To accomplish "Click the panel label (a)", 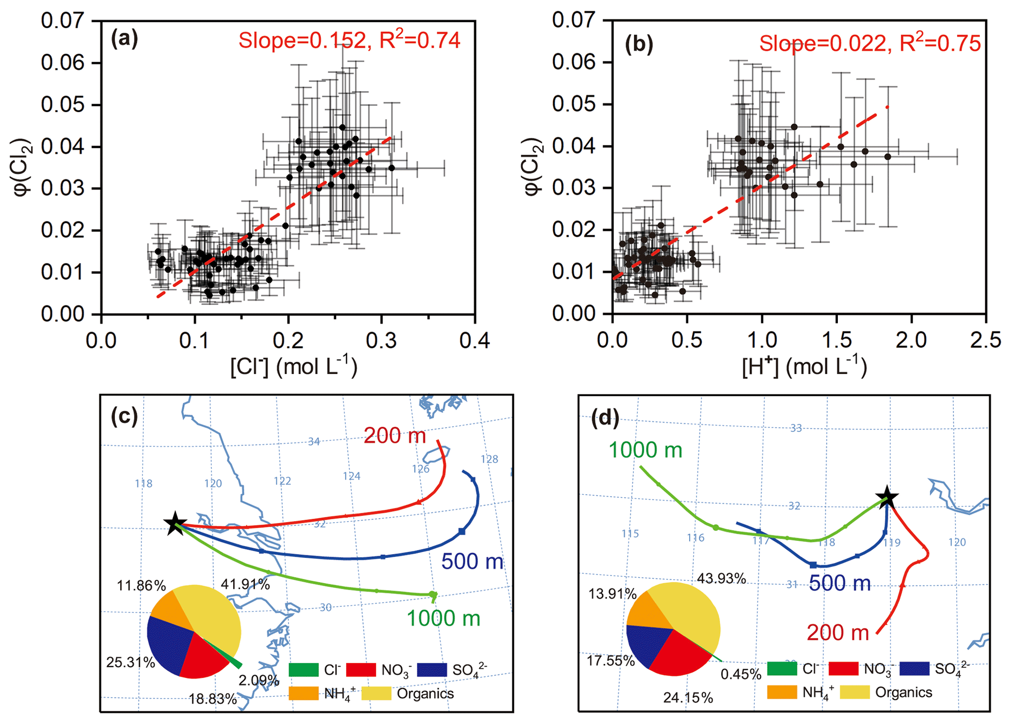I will click(125, 39).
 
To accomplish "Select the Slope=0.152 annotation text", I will click(302, 41).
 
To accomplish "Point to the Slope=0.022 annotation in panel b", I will click(822, 44).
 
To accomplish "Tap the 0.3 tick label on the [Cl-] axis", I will click(382, 340).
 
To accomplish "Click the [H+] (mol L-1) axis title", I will click(805, 367).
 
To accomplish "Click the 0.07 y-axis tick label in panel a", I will click(63, 21).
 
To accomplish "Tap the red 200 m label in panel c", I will click(395, 435).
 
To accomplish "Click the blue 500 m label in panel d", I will click(840, 583).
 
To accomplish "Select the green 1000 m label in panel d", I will click(645, 450).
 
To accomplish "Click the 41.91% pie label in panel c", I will click(245, 584).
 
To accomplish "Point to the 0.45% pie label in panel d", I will click(741, 674).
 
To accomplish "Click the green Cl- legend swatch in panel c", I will click(304, 669).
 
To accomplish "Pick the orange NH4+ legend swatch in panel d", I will click(782, 692).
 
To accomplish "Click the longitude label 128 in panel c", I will click(489, 459).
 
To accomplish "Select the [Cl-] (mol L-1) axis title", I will click(294, 367).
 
